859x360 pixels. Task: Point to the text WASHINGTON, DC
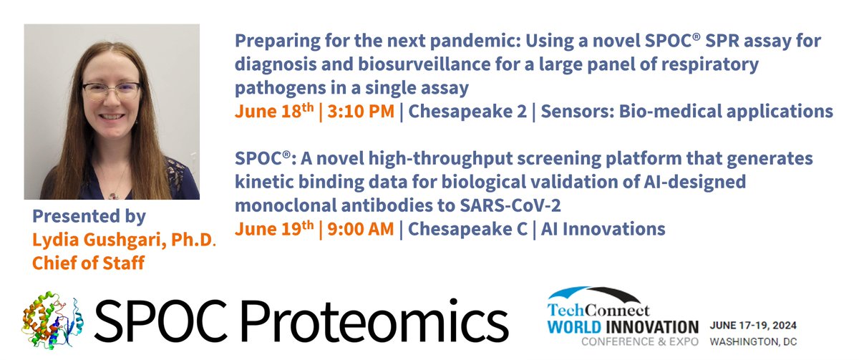pos(754,341)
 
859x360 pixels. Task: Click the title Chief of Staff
pos(88,263)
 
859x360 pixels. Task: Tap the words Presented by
pos(89,215)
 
